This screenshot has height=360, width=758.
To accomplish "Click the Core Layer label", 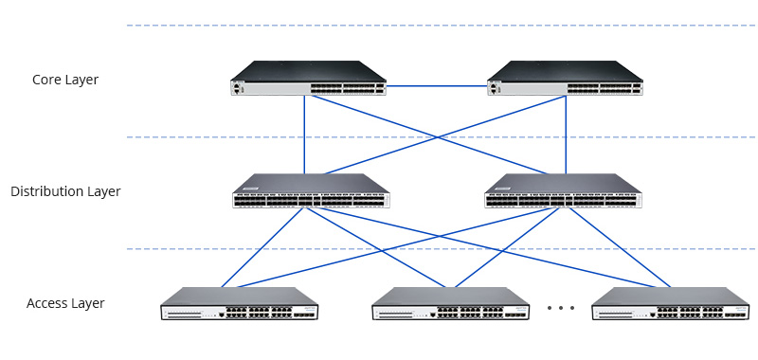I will coord(65,80).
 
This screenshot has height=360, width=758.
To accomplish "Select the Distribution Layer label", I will coord(65,191).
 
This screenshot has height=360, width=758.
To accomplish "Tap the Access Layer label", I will coord(65,303).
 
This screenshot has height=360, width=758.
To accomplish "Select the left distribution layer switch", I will coord(311,191).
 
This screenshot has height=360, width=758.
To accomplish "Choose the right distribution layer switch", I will coord(563,191).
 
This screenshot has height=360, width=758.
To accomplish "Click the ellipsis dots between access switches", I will coord(561,308).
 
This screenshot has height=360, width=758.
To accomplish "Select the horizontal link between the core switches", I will coord(437,86).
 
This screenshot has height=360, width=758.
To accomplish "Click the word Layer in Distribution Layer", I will coord(102,191).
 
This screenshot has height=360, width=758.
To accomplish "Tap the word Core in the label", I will coord(47,80).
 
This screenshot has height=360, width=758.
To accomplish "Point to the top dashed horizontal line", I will coord(436,26).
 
